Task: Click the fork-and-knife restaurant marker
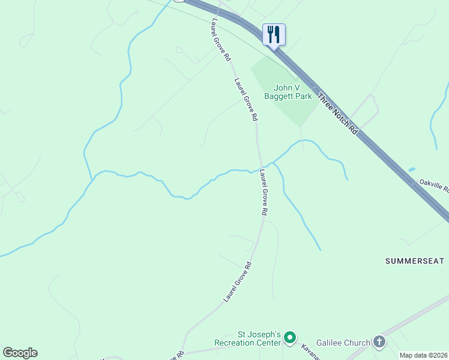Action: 274,34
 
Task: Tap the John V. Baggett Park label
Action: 288,91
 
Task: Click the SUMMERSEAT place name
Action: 414,261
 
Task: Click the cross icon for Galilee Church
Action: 379,342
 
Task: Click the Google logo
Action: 20,353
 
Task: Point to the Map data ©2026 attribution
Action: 423,355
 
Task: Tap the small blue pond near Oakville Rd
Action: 411,170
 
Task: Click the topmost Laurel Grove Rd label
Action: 221,40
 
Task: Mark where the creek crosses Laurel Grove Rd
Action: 261,167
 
